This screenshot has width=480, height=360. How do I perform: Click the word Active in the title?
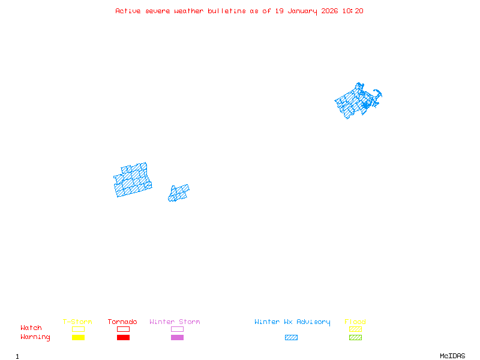[128, 11]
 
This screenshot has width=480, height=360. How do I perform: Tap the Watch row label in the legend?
[31, 328]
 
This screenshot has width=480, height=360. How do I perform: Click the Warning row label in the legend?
[35, 337]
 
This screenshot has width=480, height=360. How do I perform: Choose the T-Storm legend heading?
[77, 322]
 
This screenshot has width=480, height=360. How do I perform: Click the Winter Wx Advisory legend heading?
[292, 322]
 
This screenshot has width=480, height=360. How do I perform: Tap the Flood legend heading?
[355, 322]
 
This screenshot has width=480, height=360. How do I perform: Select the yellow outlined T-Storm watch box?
[78, 329]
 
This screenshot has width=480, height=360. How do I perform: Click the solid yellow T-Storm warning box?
[78, 337]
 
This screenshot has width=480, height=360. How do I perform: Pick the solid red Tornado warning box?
[123, 337]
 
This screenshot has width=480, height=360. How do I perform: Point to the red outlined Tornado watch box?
[123, 329]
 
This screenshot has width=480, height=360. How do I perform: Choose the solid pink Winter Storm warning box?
[177, 337]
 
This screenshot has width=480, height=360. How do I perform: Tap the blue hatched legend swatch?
[291, 337]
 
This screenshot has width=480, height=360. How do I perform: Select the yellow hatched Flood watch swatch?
[355, 329]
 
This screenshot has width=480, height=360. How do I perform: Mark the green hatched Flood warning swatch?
[355, 337]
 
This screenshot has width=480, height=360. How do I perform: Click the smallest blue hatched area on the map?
[179, 193]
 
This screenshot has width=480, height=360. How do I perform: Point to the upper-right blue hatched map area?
[357, 100]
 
